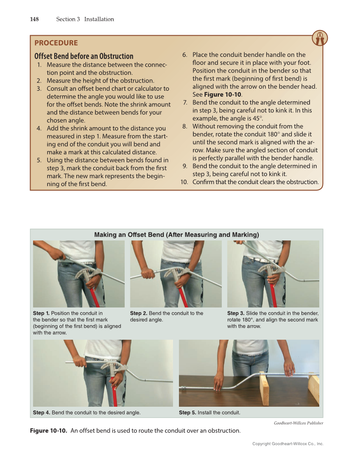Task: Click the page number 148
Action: [34, 19]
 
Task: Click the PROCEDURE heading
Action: [56, 43]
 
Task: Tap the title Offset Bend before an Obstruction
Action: [84, 56]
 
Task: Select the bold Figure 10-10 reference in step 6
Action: [223, 95]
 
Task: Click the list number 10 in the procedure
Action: [184, 182]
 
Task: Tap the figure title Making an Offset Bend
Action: [176, 235]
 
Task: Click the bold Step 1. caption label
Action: [41, 313]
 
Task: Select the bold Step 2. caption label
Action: [139, 313]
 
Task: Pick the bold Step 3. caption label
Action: [236, 313]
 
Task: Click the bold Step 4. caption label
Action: [42, 412]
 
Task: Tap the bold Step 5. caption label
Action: [187, 412]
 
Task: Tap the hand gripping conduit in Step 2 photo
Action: [147, 272]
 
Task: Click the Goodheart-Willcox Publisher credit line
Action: [298, 423]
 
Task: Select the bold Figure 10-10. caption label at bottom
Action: [48, 431]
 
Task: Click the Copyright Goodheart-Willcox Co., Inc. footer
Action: [287, 444]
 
